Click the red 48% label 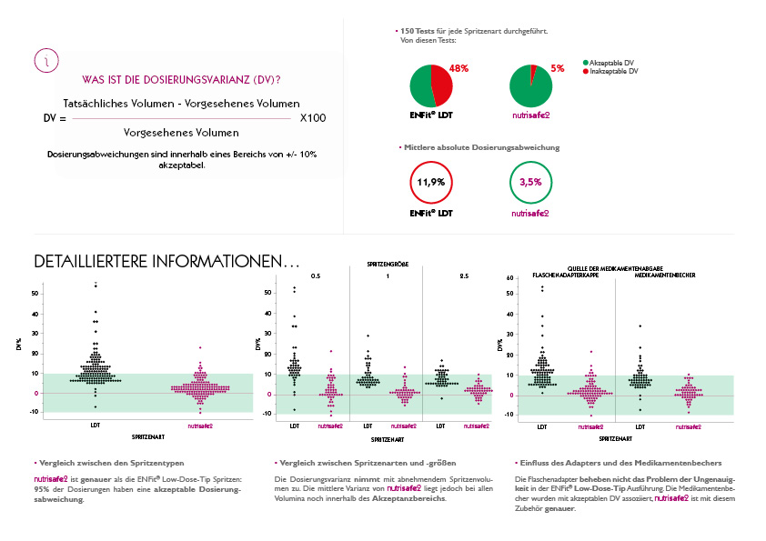coord(459,69)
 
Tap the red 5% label coord(558,69)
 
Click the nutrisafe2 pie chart coord(530,86)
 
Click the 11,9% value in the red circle coord(431,182)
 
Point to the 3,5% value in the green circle coord(530,182)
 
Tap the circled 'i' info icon coord(47,60)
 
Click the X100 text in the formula coord(312,119)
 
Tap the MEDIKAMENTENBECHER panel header coord(667,274)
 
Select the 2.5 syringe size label coord(463,275)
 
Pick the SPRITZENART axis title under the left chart coord(147,436)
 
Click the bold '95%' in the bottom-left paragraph coord(41,489)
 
